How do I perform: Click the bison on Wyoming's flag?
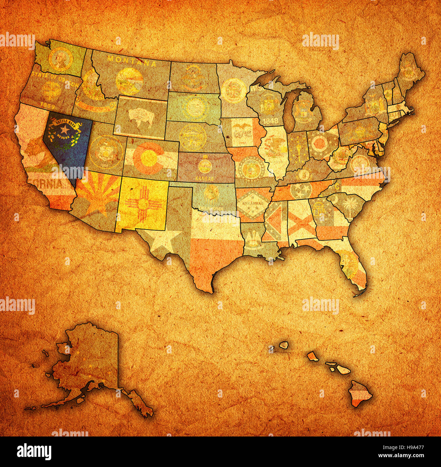pyautogui.click(x=140, y=118)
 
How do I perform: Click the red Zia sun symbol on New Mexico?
pyautogui.click(x=142, y=204)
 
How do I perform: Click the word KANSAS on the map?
pyautogui.click(x=205, y=178)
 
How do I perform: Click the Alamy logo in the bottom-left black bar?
pyautogui.click(x=34, y=451)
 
